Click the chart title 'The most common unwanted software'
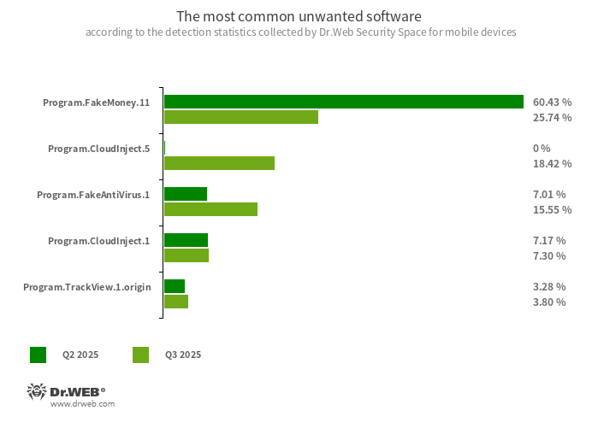click(x=299, y=16)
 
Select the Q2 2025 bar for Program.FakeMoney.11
click(x=343, y=102)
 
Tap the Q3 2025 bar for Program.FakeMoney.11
click(x=240, y=117)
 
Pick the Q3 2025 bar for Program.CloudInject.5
click(x=219, y=163)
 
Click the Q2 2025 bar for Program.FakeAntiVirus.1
click(x=185, y=194)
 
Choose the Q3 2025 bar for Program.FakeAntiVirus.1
click(x=210, y=209)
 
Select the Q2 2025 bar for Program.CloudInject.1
click(x=186, y=240)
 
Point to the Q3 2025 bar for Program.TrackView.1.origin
click(x=175, y=302)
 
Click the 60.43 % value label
click(x=552, y=102)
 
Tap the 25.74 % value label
click(x=552, y=117)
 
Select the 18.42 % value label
click(x=552, y=163)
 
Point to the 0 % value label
click(x=542, y=148)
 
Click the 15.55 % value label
click(x=552, y=209)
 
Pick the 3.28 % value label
click(x=548, y=286)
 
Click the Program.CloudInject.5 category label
click(x=98, y=149)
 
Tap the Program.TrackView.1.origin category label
click(x=87, y=287)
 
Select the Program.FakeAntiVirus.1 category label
click(x=93, y=195)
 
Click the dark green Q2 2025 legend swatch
click(x=38, y=355)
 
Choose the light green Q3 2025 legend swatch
click(x=141, y=355)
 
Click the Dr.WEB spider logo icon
click(x=36, y=392)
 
